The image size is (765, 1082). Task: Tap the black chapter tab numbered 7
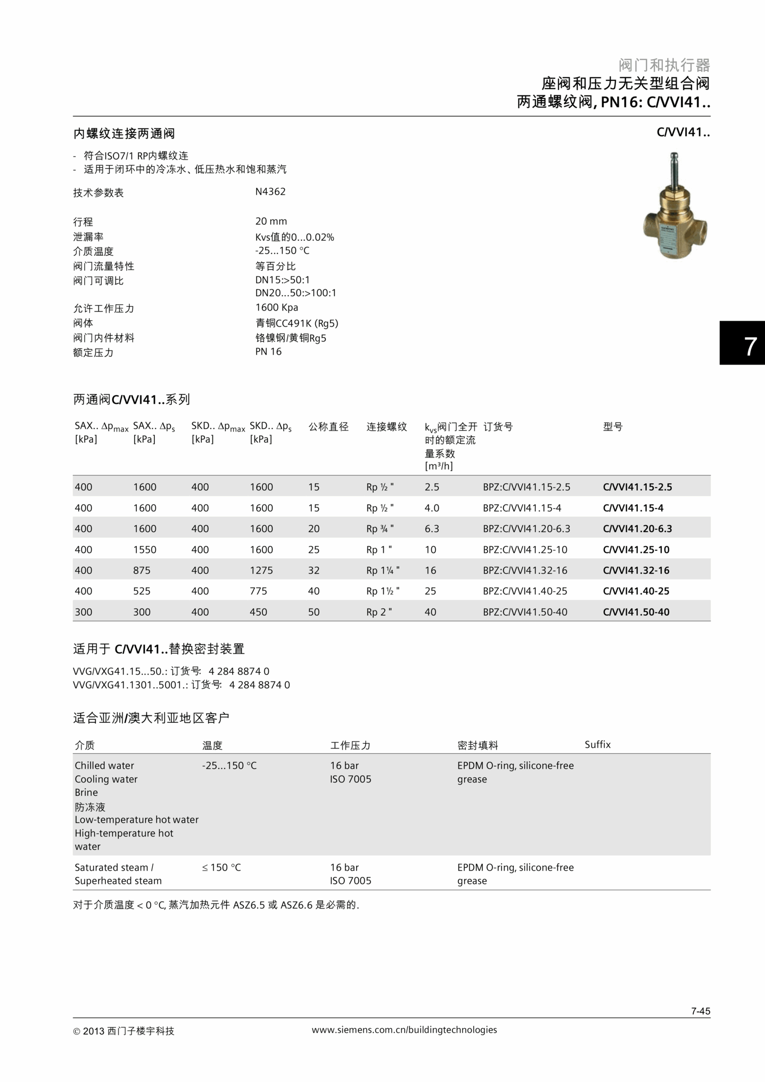pos(743,343)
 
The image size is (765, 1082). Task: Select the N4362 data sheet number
pos(270,192)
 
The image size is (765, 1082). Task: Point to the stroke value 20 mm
pos(271,221)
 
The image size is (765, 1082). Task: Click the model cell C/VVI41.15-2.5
pos(637,487)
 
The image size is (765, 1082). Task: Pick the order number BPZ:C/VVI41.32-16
pos(525,570)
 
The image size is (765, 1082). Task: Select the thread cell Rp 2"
pos(379,612)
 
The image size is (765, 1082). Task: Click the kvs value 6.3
pos(432,528)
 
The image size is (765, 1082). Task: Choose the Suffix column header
pos(597,744)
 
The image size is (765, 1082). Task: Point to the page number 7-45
pos(701,1011)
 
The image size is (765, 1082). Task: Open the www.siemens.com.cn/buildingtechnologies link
pos(404,1030)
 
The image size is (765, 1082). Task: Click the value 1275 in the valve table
pos(261,570)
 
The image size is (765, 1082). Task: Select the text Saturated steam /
pos(114,867)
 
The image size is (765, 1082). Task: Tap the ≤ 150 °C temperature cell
pos(221,867)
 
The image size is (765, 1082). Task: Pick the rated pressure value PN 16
pos(268,352)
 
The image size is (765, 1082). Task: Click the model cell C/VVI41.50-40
pos(636,612)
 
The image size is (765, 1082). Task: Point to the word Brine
pos(86,792)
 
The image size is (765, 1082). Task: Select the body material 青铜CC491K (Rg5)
pos(297,323)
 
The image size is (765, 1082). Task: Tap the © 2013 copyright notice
pos(124,1031)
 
